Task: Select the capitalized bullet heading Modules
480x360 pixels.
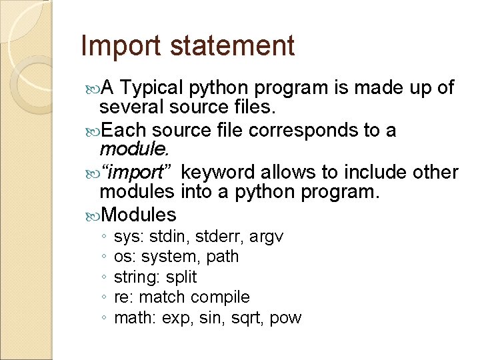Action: tap(138, 215)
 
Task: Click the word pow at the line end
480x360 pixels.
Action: tap(286, 318)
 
